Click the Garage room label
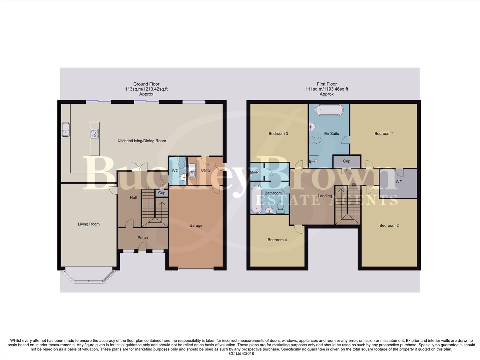(196, 225)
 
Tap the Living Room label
(89, 224)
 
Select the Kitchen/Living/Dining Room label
(142, 141)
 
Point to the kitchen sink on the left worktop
(66, 130)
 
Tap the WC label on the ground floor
(175, 170)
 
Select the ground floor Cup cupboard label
(162, 193)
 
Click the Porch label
(143, 238)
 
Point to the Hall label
(133, 197)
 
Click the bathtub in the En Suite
(329, 110)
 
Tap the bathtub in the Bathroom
(257, 199)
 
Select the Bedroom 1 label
(384, 133)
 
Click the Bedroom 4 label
(277, 240)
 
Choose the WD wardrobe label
(399, 182)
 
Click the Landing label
(324, 196)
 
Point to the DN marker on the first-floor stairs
(354, 184)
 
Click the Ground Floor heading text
(146, 84)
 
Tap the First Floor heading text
(326, 84)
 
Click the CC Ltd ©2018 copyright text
(241, 354)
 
